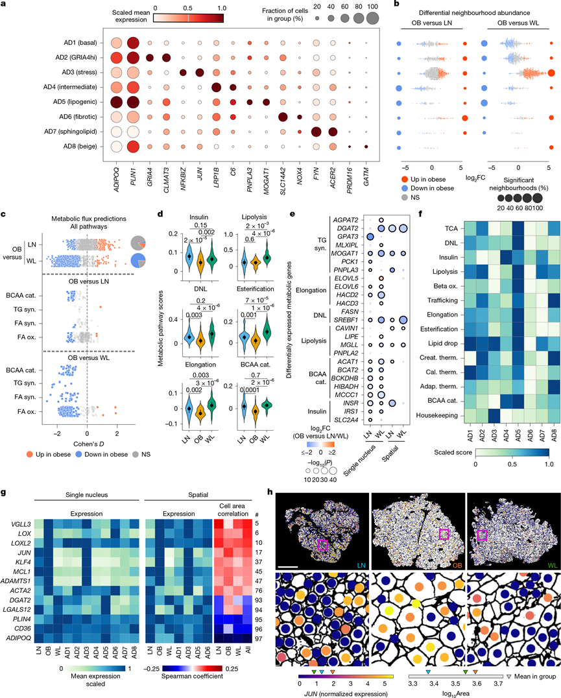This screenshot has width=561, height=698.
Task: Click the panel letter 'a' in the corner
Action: pyautogui.click(x=5, y=6)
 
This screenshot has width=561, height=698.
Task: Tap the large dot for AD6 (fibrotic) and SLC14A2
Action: pyautogui.click(x=283, y=117)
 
